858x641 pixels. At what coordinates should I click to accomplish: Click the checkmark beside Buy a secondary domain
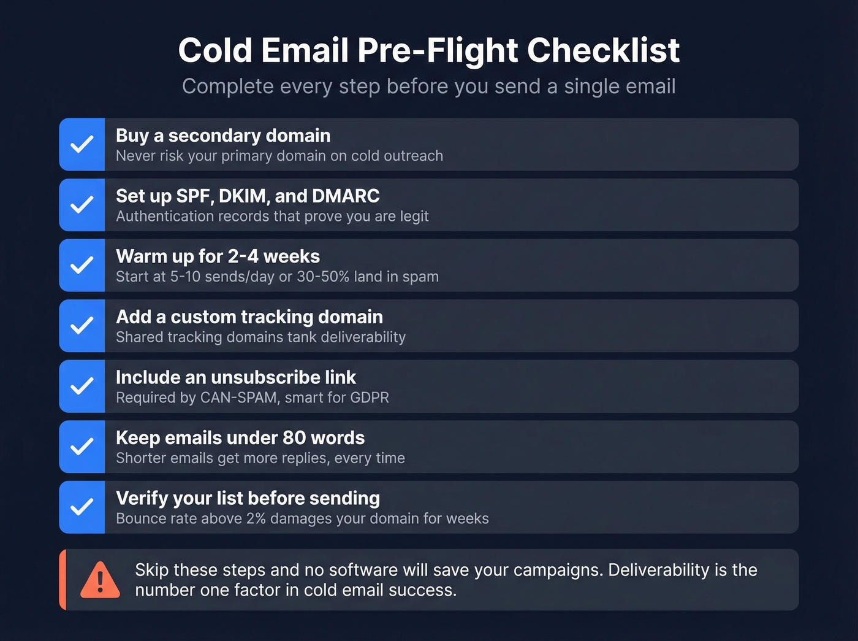tap(82, 145)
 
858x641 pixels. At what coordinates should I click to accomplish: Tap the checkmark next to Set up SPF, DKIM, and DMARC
tap(82, 205)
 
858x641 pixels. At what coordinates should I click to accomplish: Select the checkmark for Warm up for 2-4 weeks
tap(82, 266)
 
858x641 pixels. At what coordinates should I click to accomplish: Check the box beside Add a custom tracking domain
tap(82, 326)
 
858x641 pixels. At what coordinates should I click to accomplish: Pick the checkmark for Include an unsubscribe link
tap(82, 386)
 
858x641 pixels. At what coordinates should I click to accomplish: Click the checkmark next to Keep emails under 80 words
tap(82, 447)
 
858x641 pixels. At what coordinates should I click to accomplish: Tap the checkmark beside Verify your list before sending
tap(82, 507)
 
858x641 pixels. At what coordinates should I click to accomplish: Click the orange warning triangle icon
tap(100, 580)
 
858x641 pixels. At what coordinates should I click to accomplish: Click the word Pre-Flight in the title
tap(438, 50)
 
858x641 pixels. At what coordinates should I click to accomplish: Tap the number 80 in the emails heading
tap(294, 438)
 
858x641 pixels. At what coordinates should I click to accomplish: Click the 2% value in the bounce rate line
tap(256, 518)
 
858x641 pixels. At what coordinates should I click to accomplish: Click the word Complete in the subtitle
tap(228, 86)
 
